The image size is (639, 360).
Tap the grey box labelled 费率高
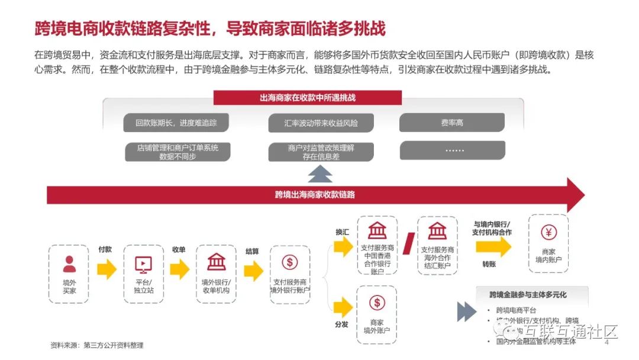452,123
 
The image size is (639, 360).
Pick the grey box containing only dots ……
452,150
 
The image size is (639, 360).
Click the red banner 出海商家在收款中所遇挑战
308,98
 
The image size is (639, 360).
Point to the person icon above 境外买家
69,263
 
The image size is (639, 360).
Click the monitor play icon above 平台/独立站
143,263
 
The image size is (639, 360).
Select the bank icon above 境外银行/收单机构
216,262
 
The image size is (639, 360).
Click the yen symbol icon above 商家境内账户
548,232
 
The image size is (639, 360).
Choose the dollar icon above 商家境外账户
377,303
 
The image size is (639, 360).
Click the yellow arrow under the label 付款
106,270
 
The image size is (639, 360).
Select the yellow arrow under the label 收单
179,270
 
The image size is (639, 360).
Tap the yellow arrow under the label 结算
253,271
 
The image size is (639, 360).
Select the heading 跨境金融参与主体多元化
528,294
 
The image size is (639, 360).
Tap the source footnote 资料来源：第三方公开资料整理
97,345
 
